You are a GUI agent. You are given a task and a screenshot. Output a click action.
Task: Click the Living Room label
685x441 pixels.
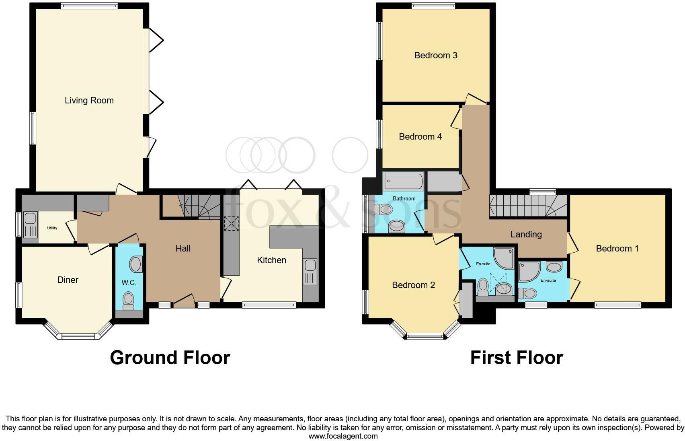click(89, 101)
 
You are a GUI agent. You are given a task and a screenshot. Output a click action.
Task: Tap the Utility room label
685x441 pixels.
click(52, 228)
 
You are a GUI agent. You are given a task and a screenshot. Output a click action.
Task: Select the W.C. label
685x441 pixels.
click(129, 283)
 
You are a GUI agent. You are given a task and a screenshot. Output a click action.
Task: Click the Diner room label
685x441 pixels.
click(68, 280)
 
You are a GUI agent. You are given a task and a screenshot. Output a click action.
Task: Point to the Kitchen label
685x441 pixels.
click(271, 260)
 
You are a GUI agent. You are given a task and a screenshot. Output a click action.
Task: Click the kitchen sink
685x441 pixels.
click(310, 272)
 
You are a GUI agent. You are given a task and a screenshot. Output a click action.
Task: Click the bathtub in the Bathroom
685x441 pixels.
click(403, 182)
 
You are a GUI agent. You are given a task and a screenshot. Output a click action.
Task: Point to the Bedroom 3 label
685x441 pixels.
click(436, 56)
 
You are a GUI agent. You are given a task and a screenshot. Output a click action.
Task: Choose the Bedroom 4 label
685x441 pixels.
click(420, 137)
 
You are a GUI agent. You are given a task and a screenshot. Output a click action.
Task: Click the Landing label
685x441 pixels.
click(526, 234)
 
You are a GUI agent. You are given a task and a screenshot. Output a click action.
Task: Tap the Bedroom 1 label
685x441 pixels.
click(617, 249)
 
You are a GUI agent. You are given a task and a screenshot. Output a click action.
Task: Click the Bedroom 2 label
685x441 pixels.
click(413, 285)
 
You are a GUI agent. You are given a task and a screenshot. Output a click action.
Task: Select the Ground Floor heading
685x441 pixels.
click(170, 358)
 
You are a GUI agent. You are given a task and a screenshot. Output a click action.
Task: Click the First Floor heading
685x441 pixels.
click(516, 358)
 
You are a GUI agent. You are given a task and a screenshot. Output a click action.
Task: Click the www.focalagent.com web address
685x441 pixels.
click(342, 436)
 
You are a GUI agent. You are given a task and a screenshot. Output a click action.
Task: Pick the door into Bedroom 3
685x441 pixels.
click(476, 99)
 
